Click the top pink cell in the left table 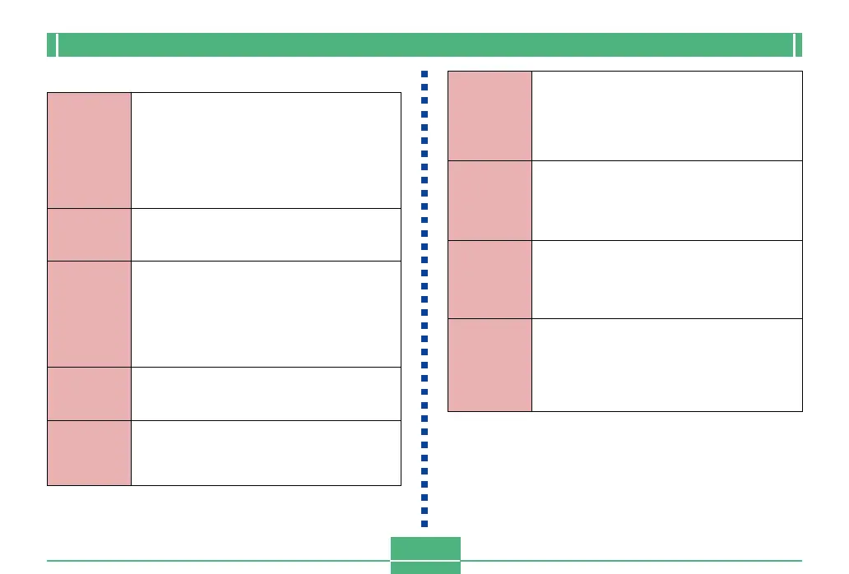point(89,150)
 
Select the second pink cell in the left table point(89,234)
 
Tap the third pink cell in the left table point(89,313)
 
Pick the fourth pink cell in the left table point(89,393)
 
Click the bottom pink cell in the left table point(89,452)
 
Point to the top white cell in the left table point(266,150)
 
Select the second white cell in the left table point(266,234)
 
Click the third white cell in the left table point(266,313)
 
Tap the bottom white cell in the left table point(266,452)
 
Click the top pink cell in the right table point(489,115)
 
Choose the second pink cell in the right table point(489,200)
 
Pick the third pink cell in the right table point(489,279)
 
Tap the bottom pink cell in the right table point(489,364)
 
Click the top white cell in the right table point(666,115)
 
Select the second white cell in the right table point(666,200)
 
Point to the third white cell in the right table point(666,279)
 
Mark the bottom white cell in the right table point(666,364)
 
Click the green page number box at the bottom point(425,555)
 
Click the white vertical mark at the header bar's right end point(795,44)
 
